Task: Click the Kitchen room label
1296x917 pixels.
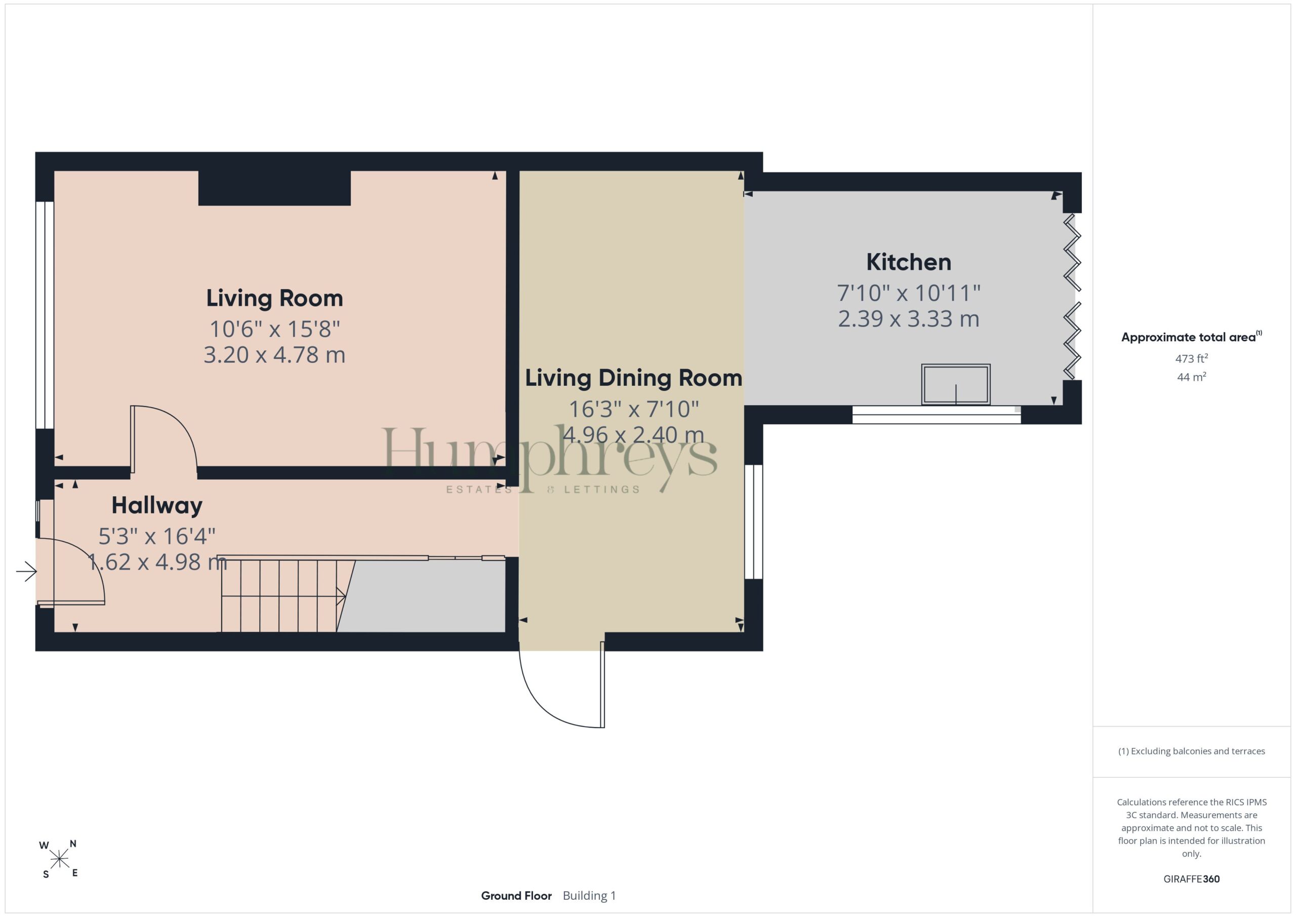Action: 908,262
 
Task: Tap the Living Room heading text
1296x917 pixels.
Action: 274,298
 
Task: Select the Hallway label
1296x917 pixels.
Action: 157,505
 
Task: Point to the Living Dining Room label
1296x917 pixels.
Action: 633,378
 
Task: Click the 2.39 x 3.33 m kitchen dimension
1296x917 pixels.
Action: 908,318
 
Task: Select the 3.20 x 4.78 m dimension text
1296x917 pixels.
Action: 274,354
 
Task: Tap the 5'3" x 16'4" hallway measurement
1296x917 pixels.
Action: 157,536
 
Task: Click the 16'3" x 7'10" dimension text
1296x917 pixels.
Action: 633,409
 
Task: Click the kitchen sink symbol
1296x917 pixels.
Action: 956,384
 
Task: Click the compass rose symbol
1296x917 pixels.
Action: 59,859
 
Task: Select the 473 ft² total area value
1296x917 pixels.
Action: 1191,358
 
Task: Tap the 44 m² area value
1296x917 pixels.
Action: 1191,377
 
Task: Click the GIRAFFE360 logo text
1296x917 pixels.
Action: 1191,879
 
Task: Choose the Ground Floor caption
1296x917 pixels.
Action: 516,896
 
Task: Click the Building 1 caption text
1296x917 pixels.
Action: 589,896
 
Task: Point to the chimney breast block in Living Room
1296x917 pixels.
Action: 274,188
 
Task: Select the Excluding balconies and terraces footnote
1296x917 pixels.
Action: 1191,751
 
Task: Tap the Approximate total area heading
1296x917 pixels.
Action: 1191,337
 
